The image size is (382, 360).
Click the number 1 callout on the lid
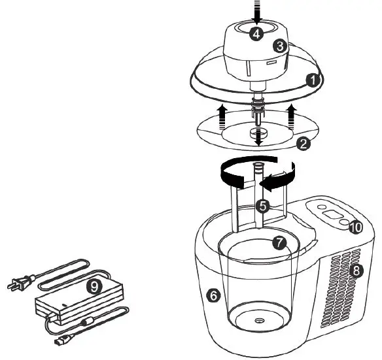(313, 80)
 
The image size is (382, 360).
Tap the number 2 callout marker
(303, 144)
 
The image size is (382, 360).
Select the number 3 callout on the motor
(280, 46)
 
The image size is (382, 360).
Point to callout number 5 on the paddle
(262, 206)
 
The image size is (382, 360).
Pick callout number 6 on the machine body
(213, 296)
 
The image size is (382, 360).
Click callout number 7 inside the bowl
(279, 242)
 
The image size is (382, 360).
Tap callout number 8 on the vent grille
(357, 269)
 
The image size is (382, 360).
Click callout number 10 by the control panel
(355, 227)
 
